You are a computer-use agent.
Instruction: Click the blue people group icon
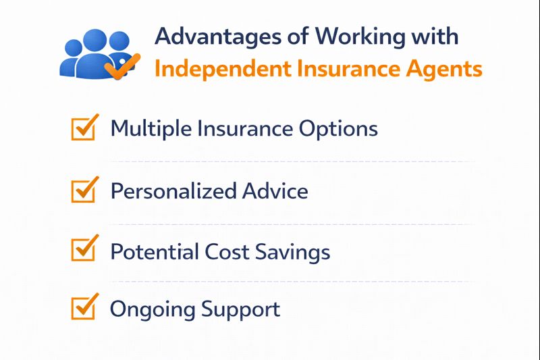click(x=94, y=54)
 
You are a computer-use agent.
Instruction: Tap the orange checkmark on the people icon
click(x=126, y=66)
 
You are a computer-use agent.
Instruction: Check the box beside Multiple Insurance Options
click(x=84, y=128)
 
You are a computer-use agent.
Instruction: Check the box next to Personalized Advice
click(x=84, y=190)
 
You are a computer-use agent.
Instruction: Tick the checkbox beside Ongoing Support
click(x=84, y=309)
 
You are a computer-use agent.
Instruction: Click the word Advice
click(x=277, y=191)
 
